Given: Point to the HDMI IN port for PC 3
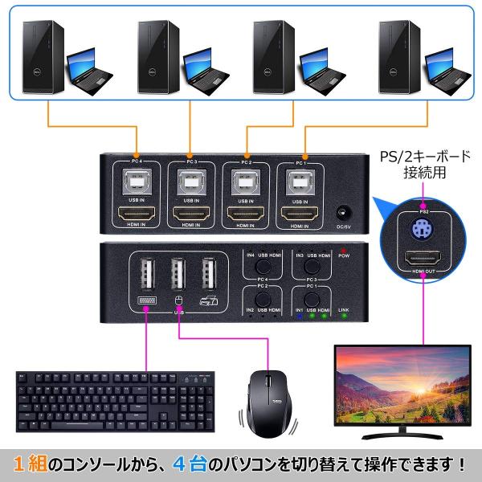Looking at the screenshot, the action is click(191, 214).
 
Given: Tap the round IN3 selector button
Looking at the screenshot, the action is click(312, 264).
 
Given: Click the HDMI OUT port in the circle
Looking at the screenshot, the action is click(423, 258).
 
